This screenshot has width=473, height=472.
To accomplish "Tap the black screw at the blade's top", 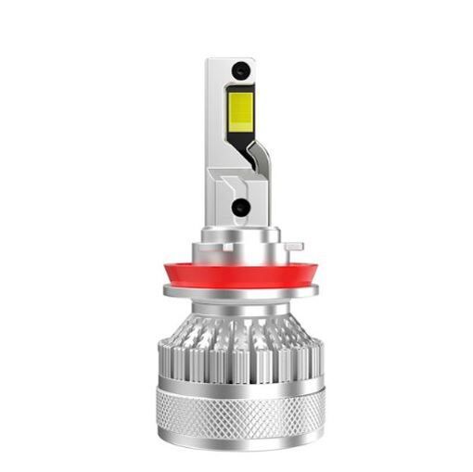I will click(240, 69).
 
